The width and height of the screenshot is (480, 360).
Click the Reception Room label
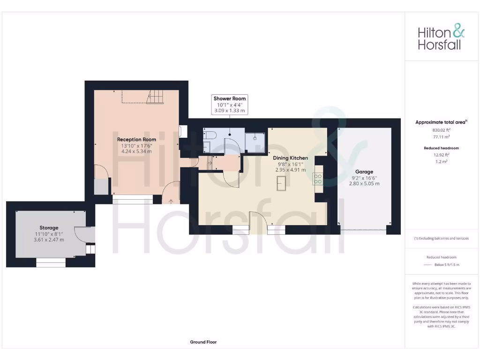coord(136,139)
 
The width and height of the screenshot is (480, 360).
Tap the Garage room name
coord(364,172)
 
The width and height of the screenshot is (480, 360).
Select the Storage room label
coord(49,228)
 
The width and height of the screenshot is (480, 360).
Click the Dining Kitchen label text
coord(290,158)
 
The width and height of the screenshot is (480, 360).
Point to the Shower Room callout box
coord(230,105)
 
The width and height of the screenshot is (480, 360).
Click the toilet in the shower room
coord(210,136)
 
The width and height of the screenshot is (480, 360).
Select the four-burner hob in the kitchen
coord(317,179)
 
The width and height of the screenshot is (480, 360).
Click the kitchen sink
coord(282,183)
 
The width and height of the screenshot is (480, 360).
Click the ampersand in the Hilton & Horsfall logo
coord(458,32)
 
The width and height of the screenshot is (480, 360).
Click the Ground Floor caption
coord(203,342)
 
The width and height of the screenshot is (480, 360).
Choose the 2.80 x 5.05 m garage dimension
coord(364,183)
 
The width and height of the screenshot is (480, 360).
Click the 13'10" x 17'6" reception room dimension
coord(136,145)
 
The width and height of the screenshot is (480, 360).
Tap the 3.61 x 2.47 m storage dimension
coord(49,240)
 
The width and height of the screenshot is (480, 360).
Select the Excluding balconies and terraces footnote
coord(441,239)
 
